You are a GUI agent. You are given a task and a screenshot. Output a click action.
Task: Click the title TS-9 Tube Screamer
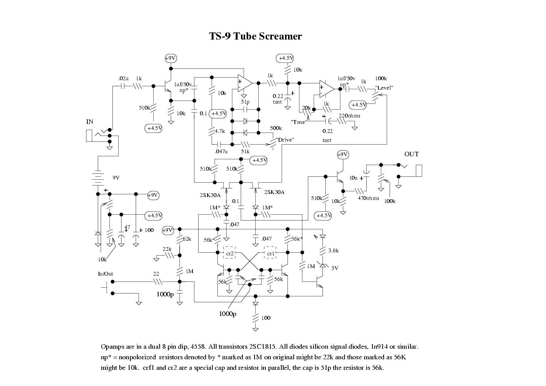[255, 36]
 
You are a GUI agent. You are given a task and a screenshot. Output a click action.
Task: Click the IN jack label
[90, 122]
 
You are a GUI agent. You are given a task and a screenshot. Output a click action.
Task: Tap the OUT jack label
[412, 154]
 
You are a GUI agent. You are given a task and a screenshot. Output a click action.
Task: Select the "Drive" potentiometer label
[285, 140]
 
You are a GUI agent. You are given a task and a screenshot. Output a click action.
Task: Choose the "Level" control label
[384, 88]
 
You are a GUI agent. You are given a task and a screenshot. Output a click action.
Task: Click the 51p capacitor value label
[245, 102]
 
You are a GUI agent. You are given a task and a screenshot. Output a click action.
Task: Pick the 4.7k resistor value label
[220, 131]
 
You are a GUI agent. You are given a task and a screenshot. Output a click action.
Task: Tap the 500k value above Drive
[276, 128]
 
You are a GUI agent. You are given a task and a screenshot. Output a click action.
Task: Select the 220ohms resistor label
[349, 116]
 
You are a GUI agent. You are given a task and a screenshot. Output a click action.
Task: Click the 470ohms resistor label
[368, 198]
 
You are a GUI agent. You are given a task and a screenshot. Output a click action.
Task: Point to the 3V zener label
[335, 268]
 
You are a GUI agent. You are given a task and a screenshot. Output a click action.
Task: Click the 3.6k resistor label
[334, 250]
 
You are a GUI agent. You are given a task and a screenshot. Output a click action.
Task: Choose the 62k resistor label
[187, 239]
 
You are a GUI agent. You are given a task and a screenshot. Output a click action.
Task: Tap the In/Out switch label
[105, 274]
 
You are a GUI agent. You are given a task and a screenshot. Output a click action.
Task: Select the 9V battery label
[116, 178]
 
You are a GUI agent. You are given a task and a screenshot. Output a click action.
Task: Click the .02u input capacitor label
[124, 78]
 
